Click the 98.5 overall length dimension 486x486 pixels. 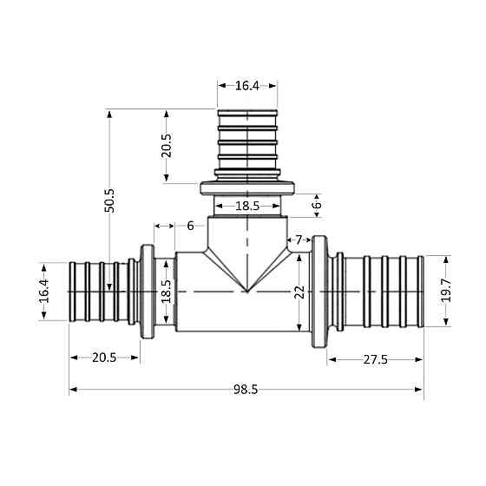coord(246,390)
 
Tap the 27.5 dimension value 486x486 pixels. coord(375,358)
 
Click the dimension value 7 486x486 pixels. coord(299,239)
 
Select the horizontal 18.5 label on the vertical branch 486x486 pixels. coord(247,206)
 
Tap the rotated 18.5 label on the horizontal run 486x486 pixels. coord(167,291)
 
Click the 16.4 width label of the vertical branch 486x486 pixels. coord(247,85)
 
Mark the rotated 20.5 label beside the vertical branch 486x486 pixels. coord(167,145)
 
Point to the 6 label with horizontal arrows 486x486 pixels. coord(190,226)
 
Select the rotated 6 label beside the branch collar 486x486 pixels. coord(317,205)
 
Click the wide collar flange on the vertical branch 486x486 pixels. coord(247,187)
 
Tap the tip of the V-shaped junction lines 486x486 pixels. coord(247,292)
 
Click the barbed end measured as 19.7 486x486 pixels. coord(382,290)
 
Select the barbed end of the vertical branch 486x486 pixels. coord(247,143)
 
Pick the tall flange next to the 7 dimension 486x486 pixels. coord(319,292)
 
